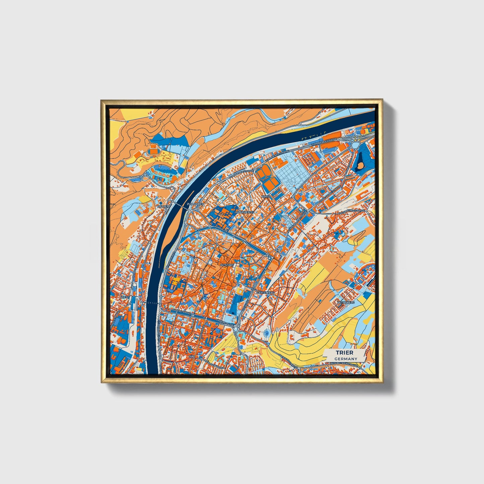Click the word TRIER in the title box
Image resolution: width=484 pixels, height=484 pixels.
pos(345,353)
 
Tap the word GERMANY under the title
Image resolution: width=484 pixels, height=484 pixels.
pos(346,359)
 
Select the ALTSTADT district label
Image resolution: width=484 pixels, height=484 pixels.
pos(227,265)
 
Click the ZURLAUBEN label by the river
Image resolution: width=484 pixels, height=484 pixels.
pos(195,204)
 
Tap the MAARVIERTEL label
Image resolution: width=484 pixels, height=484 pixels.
pos(245,212)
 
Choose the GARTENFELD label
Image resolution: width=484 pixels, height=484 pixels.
pos(265,292)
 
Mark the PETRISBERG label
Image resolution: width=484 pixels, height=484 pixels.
pos(346,302)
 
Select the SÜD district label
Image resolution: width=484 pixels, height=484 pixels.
pos(191,357)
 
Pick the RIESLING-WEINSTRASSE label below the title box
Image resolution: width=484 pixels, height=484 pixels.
pos(345,366)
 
